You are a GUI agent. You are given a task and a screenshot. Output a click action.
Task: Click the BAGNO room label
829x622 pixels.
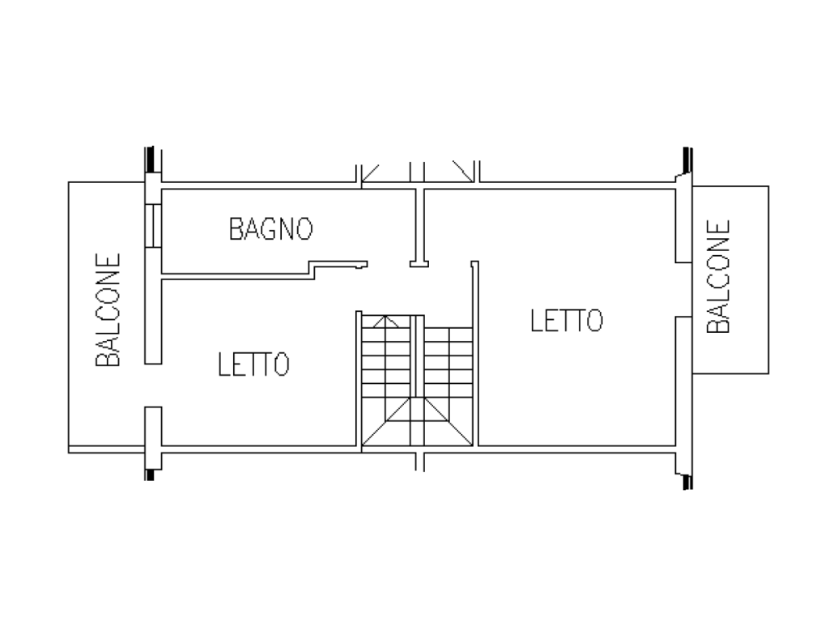point(270,229)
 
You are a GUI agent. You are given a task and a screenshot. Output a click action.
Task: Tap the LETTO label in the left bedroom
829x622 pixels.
point(253,364)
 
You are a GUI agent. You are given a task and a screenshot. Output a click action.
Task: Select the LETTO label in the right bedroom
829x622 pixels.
point(566,321)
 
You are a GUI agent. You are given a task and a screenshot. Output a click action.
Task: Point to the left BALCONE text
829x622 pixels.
point(108,310)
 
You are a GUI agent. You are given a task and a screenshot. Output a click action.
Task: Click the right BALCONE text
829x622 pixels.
point(719,276)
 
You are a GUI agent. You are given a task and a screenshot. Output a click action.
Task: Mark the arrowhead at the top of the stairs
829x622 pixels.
point(386,321)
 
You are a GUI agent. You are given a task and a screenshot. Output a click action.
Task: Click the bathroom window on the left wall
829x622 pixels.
point(153,225)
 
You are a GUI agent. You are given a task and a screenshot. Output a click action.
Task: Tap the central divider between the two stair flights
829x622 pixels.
point(417,356)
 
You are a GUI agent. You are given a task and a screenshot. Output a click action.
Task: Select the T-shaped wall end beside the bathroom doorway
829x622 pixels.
point(419,263)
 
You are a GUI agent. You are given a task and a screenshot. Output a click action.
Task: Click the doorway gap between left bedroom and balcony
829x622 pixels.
point(153,385)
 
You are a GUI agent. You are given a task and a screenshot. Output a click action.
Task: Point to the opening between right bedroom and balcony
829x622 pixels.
point(683,289)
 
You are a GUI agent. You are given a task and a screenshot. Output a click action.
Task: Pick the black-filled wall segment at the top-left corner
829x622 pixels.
point(150,160)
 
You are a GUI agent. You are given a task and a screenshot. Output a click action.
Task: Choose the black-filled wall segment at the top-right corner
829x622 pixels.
point(687,160)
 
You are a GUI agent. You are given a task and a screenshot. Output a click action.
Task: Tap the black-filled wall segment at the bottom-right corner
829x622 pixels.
point(687,482)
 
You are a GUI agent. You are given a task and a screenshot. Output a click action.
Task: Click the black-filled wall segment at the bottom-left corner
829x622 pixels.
point(150,475)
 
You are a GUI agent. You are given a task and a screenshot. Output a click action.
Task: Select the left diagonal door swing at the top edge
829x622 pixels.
point(370,173)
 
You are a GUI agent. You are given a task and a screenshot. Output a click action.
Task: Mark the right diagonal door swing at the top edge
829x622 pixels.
point(463,171)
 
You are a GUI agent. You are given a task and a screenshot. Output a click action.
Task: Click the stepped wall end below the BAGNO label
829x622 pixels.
point(338,266)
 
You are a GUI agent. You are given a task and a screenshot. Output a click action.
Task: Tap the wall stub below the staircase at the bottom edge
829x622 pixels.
point(419,462)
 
